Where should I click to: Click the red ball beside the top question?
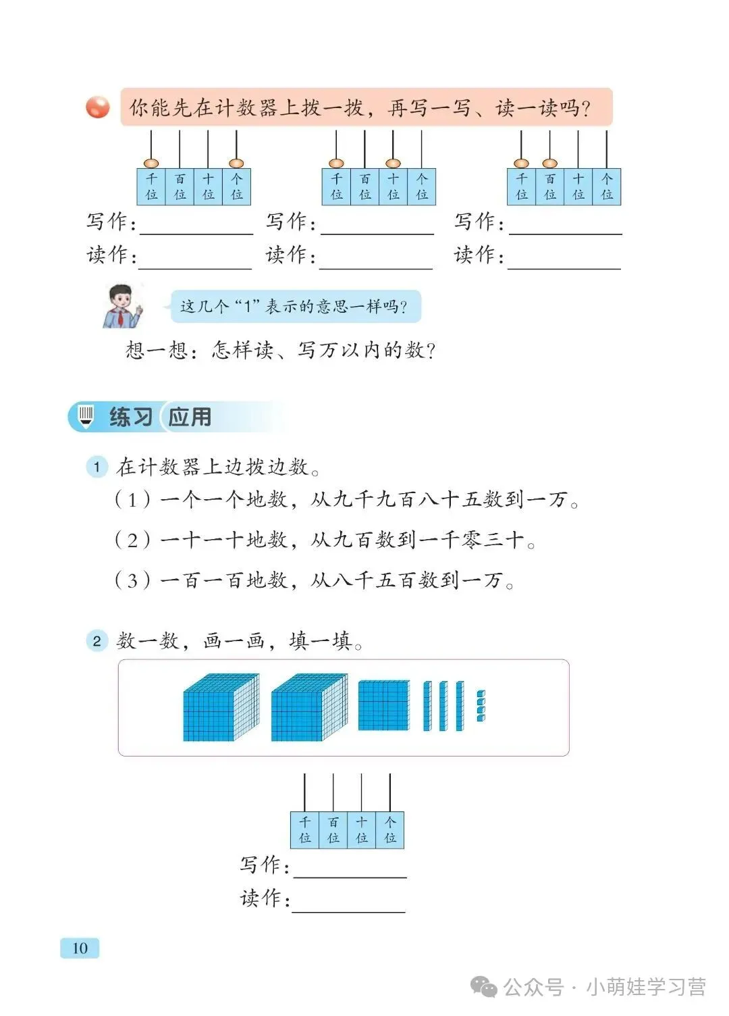click(x=98, y=107)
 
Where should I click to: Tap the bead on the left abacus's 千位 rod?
click(x=151, y=163)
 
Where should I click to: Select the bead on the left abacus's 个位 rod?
click(x=236, y=163)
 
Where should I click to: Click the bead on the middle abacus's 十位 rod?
click(x=393, y=163)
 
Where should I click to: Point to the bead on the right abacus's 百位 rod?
click(x=549, y=163)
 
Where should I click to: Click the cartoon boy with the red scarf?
click(x=123, y=307)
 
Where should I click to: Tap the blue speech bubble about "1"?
click(x=294, y=307)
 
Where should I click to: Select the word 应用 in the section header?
click(x=190, y=417)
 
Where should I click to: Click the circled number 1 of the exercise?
click(x=97, y=467)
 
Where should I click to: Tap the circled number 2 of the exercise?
click(x=97, y=640)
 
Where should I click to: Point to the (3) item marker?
click(x=132, y=580)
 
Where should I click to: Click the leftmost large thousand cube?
click(x=220, y=707)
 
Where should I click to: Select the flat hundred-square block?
click(x=383, y=705)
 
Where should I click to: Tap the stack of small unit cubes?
click(x=481, y=706)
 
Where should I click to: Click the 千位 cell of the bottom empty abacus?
click(x=304, y=830)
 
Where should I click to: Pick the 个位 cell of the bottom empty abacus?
click(x=390, y=830)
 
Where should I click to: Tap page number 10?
click(x=80, y=948)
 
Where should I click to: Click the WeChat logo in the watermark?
click(x=484, y=987)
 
